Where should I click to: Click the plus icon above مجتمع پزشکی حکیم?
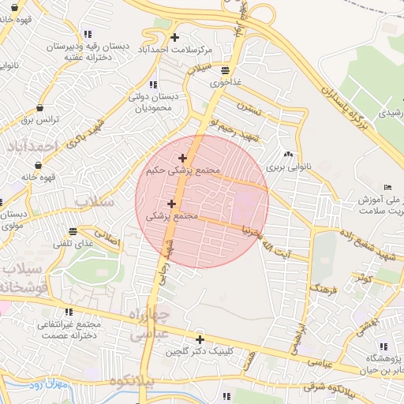(183, 158)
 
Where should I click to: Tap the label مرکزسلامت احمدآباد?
(175, 49)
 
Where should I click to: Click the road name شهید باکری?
(86, 135)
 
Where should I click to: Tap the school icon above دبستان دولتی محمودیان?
(152, 84)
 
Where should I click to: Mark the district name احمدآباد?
(32, 147)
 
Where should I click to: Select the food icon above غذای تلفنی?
(73, 232)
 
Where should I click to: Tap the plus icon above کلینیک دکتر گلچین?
(200, 340)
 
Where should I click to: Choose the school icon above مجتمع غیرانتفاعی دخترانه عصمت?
(68, 312)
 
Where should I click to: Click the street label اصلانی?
(108, 236)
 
